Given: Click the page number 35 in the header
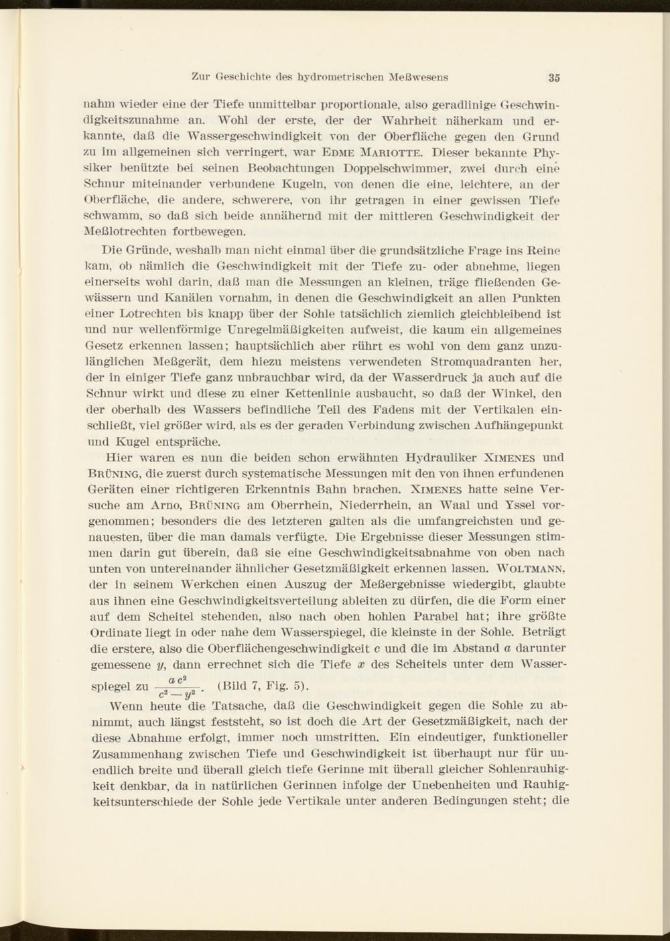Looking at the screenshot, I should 553,77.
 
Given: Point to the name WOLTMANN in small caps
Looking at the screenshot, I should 530,569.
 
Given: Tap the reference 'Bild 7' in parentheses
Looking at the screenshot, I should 242,686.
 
